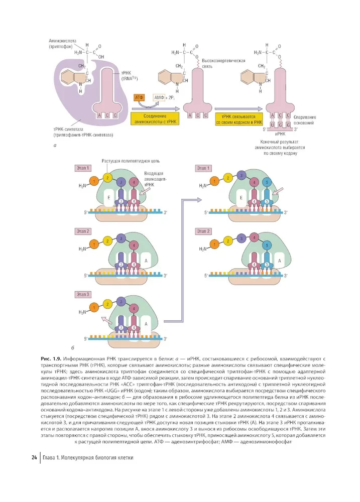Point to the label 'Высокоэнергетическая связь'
pyautogui.click(x=226, y=63)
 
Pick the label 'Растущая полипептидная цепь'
pyautogui.click(x=131, y=161)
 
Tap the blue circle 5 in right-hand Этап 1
pyautogui.click(x=267, y=182)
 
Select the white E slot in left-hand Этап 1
pyautogui.click(x=109, y=198)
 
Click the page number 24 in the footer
pyautogui.click(x=34, y=458)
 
